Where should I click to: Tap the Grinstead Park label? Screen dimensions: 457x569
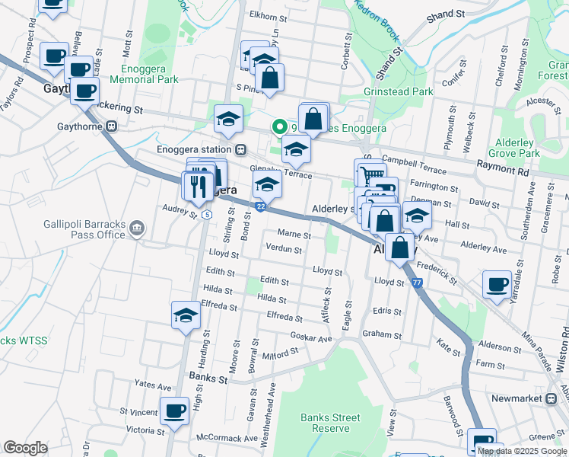[399, 91]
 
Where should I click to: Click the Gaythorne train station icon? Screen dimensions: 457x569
[112, 126]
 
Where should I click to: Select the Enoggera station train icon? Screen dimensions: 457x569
[240, 149]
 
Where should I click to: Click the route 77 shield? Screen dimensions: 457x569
[418, 283]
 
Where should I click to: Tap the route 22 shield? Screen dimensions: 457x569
[260, 206]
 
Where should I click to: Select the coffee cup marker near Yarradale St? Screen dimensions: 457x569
[497, 285]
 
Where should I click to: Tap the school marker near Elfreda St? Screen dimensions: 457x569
[185, 315]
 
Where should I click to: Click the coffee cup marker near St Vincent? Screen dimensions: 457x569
[175, 411]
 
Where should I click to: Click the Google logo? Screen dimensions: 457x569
[25, 448]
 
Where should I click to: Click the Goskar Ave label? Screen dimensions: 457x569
[312, 337]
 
